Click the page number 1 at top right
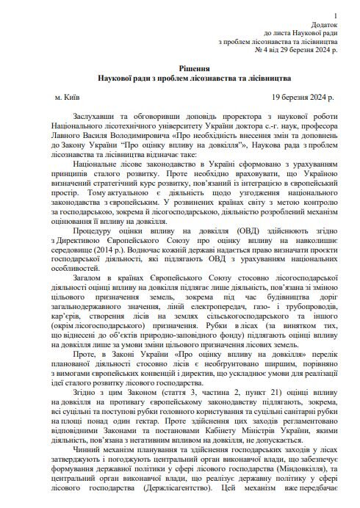click(x=336, y=15)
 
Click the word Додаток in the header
click(x=324, y=24)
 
